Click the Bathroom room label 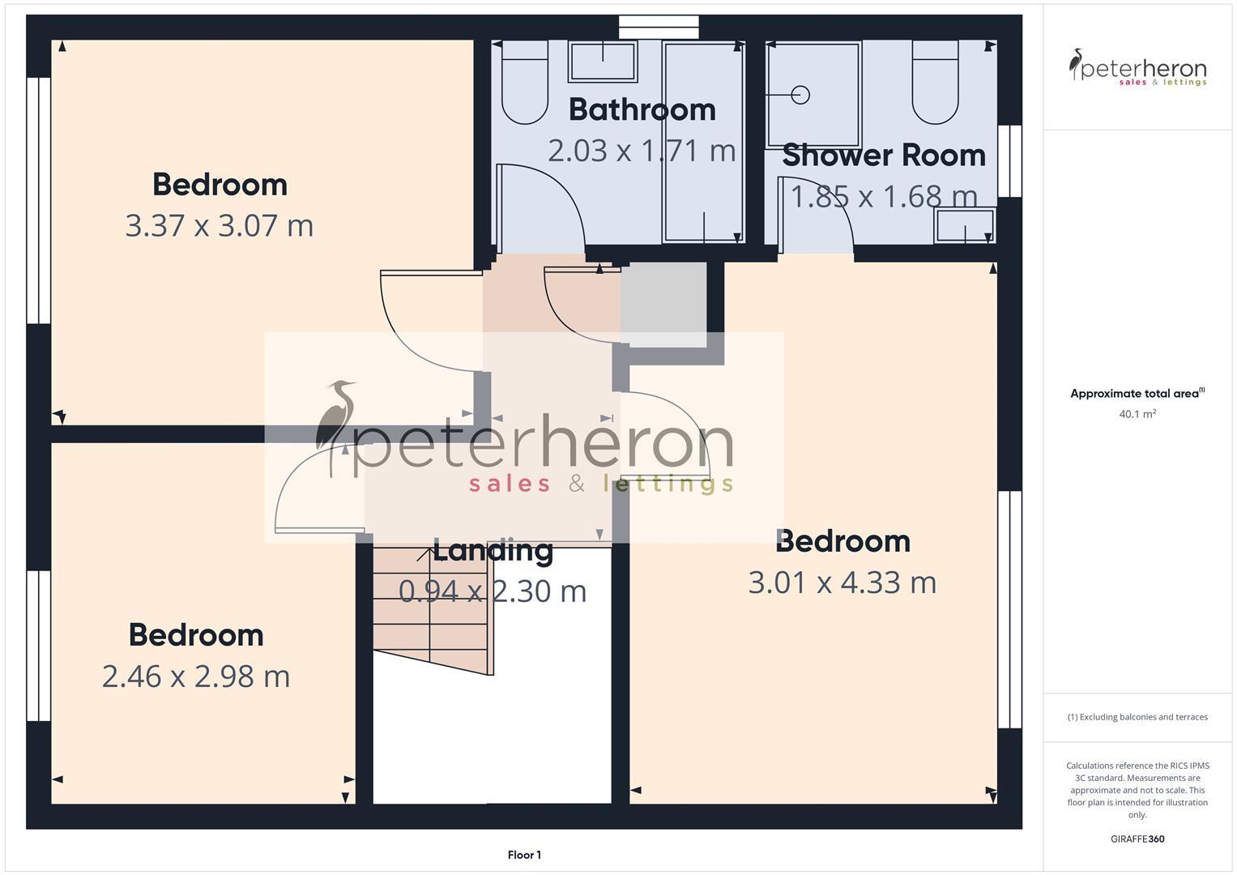[642, 110]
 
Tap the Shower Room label [883, 156]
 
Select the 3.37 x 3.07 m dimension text [219, 225]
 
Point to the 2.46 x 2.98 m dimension [195, 676]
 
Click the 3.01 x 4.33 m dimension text [842, 583]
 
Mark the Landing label [493, 551]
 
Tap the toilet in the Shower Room [935, 83]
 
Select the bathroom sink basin [602, 62]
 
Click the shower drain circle [800, 95]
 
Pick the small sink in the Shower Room [964, 225]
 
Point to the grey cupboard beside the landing [663, 304]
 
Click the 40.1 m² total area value [1137, 414]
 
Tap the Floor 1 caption [524, 855]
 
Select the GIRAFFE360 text [1137, 839]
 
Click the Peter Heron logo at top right [1137, 68]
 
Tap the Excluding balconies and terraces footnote [1137, 717]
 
